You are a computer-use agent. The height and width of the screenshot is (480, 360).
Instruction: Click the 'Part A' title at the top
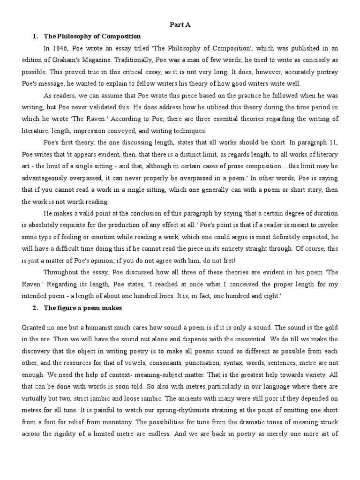pos(180,24)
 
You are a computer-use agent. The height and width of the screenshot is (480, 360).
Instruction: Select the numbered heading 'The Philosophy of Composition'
pos(92,36)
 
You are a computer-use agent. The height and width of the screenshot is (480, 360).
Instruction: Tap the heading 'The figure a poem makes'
pos(83,308)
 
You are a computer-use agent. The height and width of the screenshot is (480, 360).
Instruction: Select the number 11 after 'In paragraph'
pos(334,142)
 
